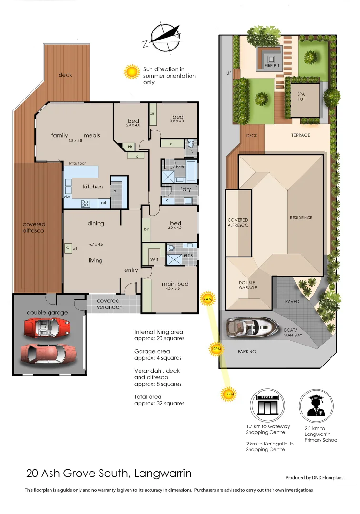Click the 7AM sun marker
tap(207, 299)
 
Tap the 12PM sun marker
tap(216, 349)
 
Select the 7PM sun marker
tap(229, 394)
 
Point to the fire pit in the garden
tap(271, 59)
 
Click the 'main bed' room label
tap(175, 284)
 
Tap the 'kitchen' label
tap(93, 187)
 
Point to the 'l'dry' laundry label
tap(185, 190)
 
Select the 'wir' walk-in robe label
tap(154, 259)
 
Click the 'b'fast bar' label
tap(77, 163)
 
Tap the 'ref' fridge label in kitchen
tap(102, 203)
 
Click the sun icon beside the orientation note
tap(131, 72)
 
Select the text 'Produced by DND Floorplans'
tap(314, 477)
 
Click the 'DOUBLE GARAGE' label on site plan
tap(247, 285)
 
